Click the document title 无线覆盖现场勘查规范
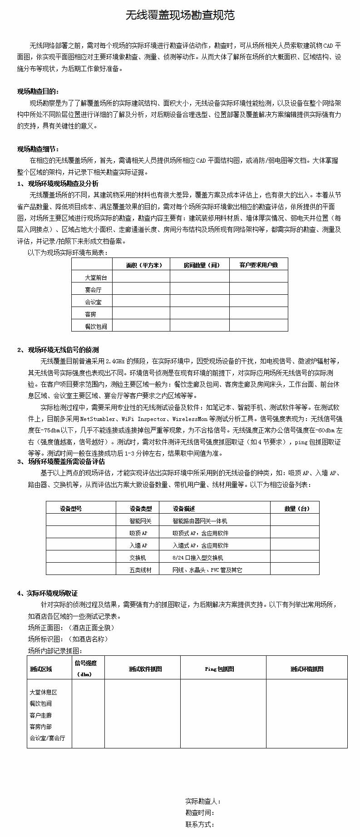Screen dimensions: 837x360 tap(180, 15)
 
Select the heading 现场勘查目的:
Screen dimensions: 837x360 tap(38, 91)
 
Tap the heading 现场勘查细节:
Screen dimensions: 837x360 tap(38, 149)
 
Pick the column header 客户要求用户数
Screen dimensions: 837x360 tap(258, 265)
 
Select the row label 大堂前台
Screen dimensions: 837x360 tap(96, 277)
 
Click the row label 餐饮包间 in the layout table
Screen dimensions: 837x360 tap(96, 326)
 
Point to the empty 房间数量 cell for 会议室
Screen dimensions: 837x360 tap(199, 301)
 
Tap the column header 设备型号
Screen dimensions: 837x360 tap(71, 509)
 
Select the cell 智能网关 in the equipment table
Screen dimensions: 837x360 tap(140, 521)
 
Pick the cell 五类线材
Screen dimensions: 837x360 tap(140, 570)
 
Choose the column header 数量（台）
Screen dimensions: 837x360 tap(297, 509)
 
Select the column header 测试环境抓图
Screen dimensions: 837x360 tap(307, 669)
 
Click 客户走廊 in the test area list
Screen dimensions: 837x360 tap(41, 715)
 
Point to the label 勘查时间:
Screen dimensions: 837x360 tap(200, 812)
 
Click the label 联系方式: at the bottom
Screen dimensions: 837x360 tap(200, 824)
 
